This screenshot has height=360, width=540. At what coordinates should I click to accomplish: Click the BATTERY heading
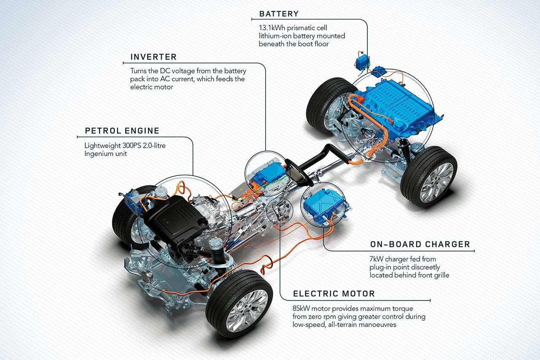coord(279,14)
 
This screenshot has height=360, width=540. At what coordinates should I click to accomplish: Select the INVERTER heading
coord(153,57)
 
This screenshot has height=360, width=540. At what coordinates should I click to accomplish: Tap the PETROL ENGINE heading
coord(122,130)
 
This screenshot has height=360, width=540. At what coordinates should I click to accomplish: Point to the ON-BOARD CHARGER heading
coord(420,244)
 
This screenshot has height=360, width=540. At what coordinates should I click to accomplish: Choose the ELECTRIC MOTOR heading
coord(334,294)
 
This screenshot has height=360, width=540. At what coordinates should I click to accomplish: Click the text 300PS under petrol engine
coord(133,146)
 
